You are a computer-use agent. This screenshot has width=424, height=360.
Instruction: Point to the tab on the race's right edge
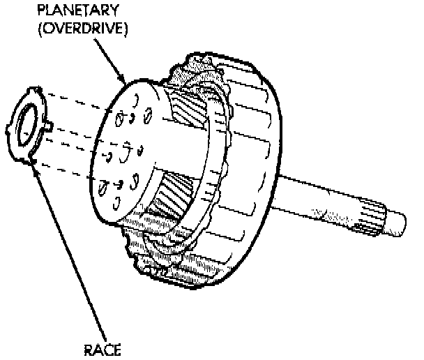point(53,126)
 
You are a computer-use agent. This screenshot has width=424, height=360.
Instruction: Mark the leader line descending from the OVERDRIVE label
point(105,59)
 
